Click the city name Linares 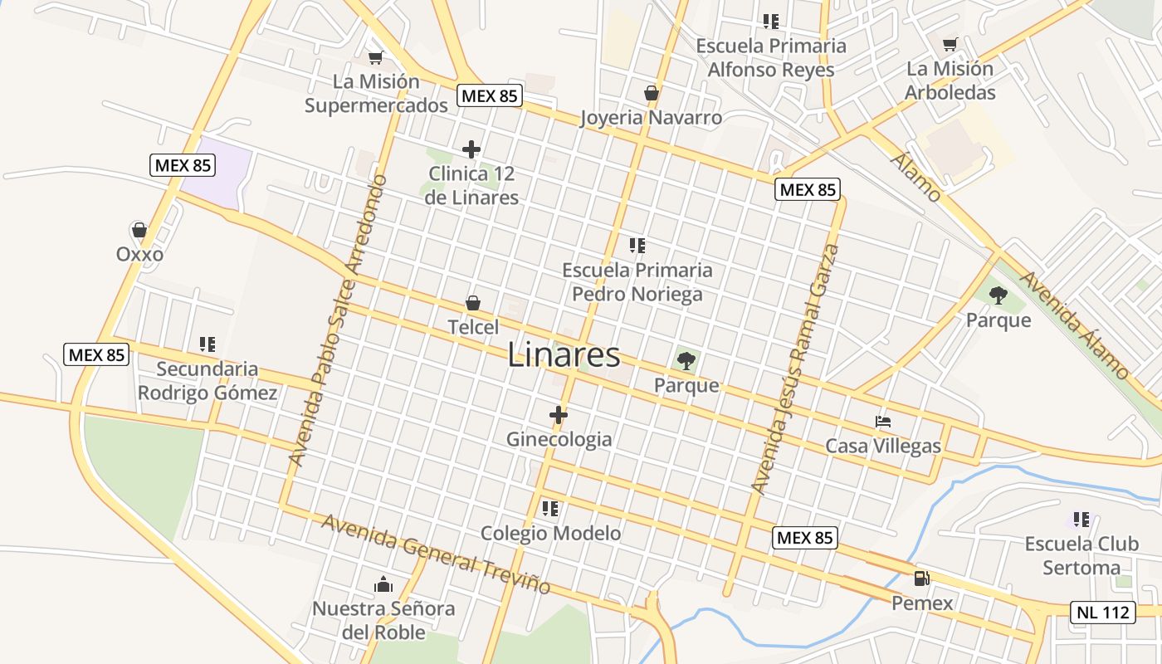(564, 355)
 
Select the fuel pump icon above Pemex (921, 579)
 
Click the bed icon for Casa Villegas (883, 422)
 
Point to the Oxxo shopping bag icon (139, 229)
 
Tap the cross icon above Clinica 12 (471, 149)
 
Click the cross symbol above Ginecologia (559, 414)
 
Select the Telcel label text (473, 327)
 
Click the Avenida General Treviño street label (436, 554)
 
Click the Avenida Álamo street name (1075, 325)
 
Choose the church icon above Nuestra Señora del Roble (383, 584)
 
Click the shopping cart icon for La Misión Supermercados (375, 57)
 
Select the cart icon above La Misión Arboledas (950, 44)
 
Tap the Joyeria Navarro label (651, 118)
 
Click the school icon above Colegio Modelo (549, 508)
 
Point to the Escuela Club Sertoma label (1081, 556)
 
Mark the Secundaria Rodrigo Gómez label (207, 381)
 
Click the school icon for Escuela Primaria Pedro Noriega (637, 246)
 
